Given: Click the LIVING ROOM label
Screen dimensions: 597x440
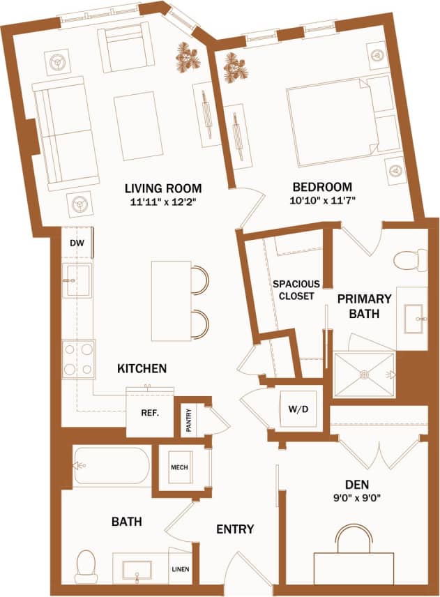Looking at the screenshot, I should tap(163, 188).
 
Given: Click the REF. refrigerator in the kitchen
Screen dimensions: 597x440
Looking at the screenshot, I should tap(149, 412).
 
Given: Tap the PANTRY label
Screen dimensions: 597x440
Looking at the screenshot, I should tap(189, 420).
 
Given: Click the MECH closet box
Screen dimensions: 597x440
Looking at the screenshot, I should tap(179, 467).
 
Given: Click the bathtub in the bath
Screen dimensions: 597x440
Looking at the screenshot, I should tap(112, 467).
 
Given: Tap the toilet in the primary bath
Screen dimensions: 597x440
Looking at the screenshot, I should tap(409, 261).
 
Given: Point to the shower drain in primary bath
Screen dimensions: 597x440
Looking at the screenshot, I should tap(363, 375).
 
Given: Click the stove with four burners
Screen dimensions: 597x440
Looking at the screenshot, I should tap(78, 358).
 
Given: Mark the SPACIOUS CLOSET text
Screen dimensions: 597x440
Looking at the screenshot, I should tap(296, 289).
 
